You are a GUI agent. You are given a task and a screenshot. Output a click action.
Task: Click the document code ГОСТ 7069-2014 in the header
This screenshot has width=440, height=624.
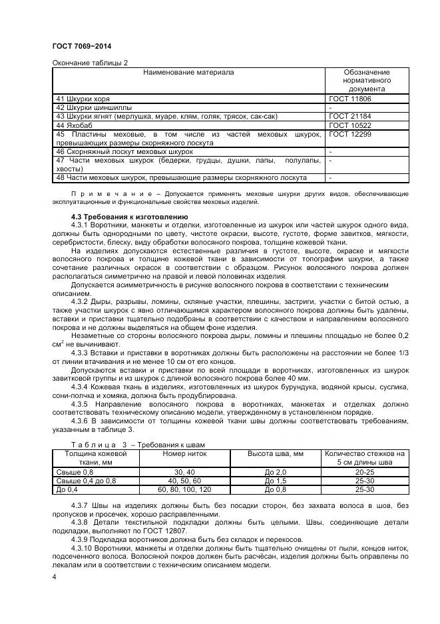(x=81, y=46)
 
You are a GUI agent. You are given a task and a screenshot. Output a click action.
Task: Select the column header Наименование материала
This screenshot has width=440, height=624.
(x=189, y=72)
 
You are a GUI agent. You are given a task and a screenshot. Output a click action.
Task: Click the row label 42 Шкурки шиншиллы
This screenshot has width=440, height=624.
(x=94, y=107)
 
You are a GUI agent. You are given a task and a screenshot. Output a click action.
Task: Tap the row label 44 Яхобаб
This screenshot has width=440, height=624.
(x=75, y=125)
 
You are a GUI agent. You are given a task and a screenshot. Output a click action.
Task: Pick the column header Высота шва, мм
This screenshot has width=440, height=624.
(x=275, y=453)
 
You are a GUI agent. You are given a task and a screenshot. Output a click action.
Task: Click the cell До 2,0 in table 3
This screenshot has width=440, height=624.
(x=275, y=472)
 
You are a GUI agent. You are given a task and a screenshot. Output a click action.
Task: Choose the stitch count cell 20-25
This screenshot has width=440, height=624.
(x=363, y=472)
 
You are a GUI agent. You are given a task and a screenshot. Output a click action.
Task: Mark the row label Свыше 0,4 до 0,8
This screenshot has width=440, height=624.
(x=86, y=481)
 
